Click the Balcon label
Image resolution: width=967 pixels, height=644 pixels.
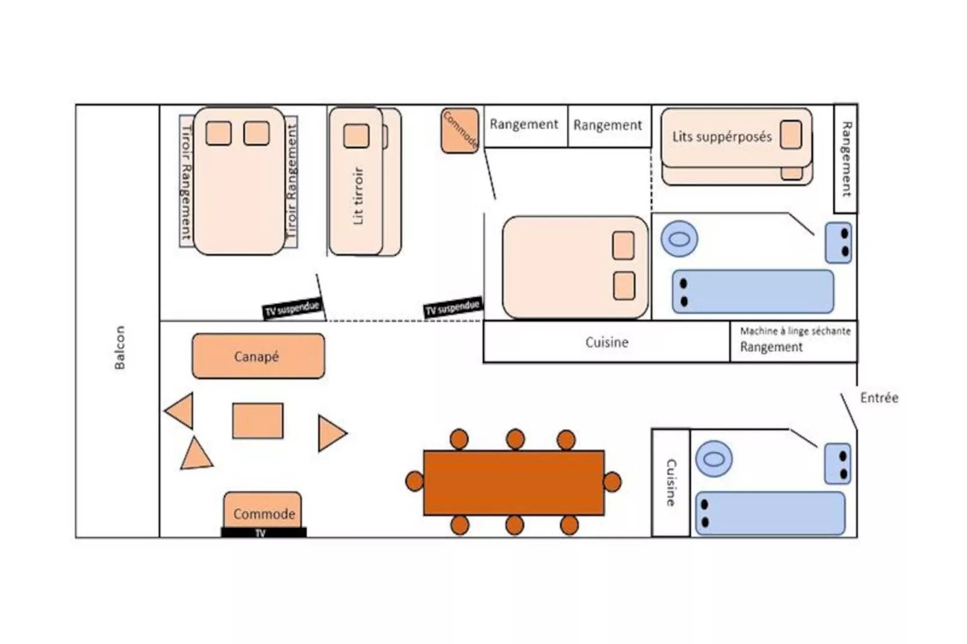point(120,347)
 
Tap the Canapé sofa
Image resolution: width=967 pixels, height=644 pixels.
point(258,356)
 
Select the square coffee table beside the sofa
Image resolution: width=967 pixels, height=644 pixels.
point(258,421)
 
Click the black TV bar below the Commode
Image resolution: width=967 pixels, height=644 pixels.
point(263,533)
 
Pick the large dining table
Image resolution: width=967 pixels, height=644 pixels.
point(514,483)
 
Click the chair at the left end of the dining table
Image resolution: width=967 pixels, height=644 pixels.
point(414,481)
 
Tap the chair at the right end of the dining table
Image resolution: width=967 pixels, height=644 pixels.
point(612,482)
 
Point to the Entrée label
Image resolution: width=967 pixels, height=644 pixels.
point(878,398)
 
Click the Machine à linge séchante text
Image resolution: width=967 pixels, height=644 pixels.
point(795,331)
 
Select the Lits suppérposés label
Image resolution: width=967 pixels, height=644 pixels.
point(721,137)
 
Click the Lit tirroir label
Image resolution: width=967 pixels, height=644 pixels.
point(358,196)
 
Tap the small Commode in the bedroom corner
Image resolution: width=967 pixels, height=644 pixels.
point(460,130)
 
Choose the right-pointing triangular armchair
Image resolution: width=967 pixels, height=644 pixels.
point(330,433)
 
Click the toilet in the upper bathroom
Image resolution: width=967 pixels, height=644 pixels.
point(679,239)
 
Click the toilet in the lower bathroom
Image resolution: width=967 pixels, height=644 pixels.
point(714,459)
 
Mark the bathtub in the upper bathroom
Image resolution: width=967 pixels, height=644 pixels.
point(753,292)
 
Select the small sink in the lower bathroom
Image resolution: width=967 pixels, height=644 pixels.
point(837,463)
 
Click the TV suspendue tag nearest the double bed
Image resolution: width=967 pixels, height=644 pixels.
point(292,309)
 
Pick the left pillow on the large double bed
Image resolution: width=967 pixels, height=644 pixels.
point(219,134)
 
